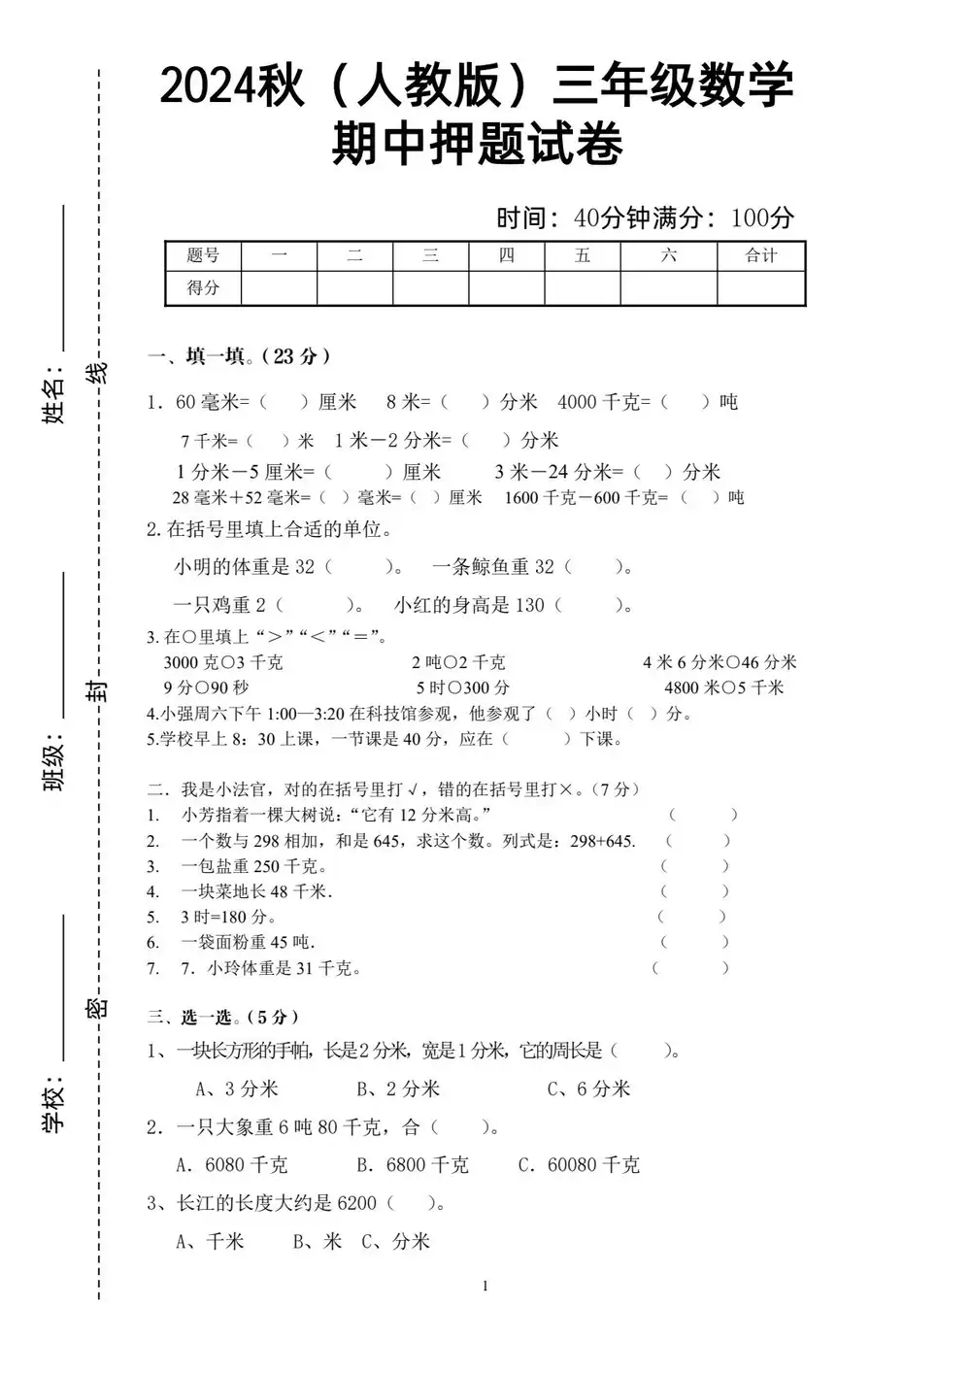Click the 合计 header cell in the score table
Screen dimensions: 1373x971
point(761,255)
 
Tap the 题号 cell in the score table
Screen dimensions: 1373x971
point(203,255)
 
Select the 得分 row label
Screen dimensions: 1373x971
point(203,287)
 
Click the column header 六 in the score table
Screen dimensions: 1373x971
point(668,255)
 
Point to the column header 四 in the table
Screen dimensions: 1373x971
point(506,255)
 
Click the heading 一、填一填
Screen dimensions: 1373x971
point(239,356)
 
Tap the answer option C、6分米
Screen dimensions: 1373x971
point(588,1088)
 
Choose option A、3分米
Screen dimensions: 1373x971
point(237,1088)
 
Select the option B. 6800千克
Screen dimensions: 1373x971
point(412,1164)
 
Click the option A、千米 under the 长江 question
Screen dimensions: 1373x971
point(211,1241)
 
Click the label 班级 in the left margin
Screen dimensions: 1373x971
point(54,764)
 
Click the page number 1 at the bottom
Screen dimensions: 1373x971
point(485,1287)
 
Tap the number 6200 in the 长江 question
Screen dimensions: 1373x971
point(356,1203)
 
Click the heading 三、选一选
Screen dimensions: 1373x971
point(223,1018)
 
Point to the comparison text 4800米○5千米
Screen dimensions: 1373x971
point(723,687)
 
